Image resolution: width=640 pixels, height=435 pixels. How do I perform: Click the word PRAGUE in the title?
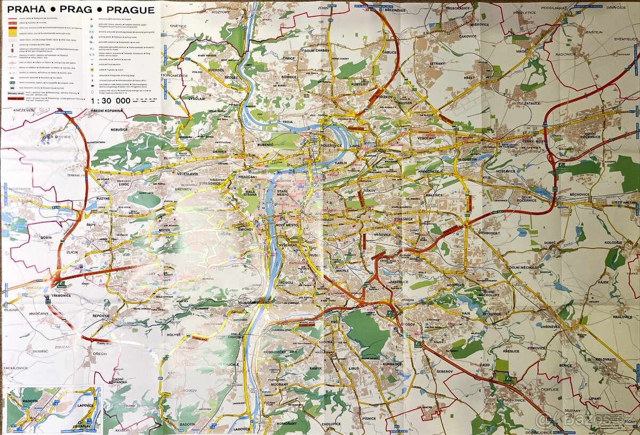pos(130,10)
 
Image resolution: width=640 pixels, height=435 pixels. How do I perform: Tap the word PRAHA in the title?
pos(26,10)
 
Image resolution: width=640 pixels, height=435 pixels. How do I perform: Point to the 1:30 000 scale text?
pos(110,100)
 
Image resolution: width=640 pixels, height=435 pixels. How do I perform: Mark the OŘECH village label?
pos(100,353)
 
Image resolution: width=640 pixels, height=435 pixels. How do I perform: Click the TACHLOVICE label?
pos(17,368)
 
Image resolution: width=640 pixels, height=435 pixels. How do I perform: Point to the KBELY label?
pos(469,77)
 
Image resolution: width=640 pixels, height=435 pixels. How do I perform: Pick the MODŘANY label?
pos(279,384)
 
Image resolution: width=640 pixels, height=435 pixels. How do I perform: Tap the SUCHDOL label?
pos(216,70)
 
